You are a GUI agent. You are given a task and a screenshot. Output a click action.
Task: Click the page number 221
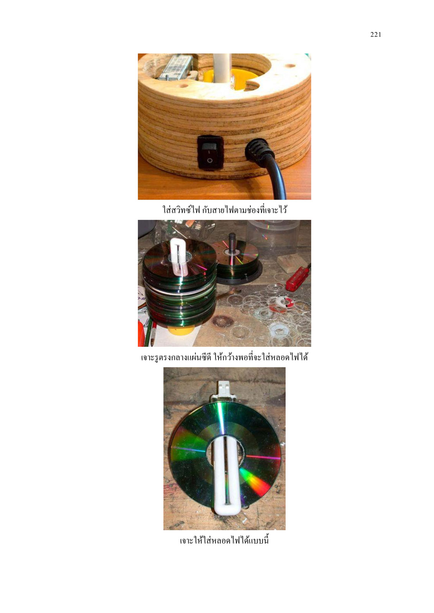pos(376,34)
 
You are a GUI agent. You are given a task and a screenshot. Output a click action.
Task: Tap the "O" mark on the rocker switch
pos(209,160)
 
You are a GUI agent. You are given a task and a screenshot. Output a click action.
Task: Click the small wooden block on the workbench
pos(290,263)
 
